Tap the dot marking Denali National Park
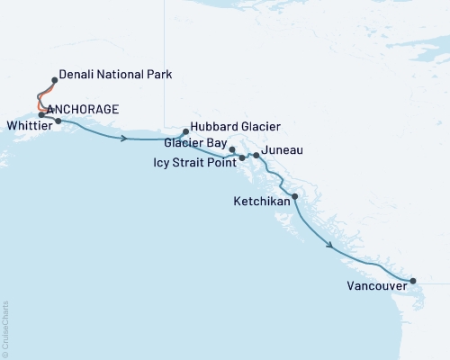coord(55,79)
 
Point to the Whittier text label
coord(26,125)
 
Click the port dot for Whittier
coord(58,121)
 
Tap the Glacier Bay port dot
coord(232,149)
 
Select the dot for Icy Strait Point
coord(242,158)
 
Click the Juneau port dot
coord(256,156)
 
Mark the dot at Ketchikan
coord(295,196)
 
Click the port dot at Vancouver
coord(412,282)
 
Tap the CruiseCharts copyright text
coord(5,328)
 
